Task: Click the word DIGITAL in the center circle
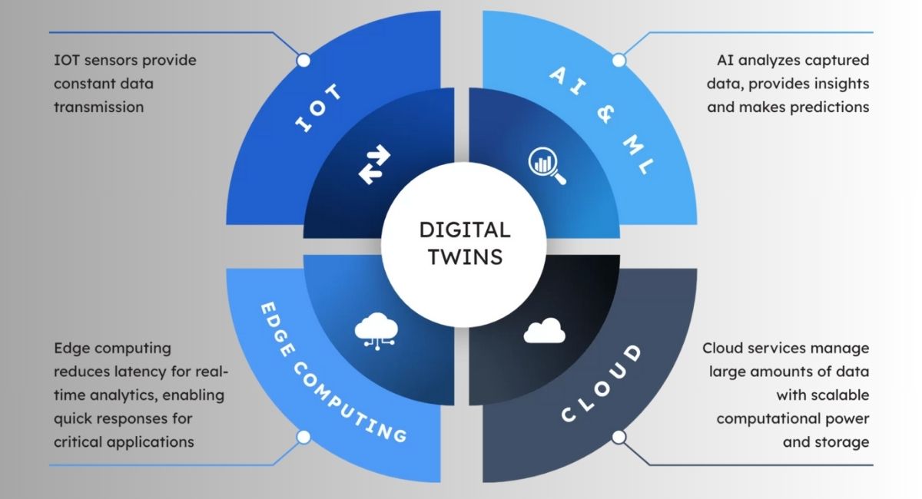pyautogui.click(x=463, y=230)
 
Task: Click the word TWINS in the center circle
pyautogui.click(x=463, y=256)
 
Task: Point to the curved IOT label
pyautogui.click(x=318, y=109)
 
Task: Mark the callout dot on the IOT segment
pyautogui.click(x=303, y=60)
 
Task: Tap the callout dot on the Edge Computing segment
pyautogui.click(x=303, y=437)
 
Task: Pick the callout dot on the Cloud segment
pyautogui.click(x=619, y=437)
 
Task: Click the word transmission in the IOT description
pyautogui.click(x=98, y=107)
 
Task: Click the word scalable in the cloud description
pyautogui.click(x=839, y=395)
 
